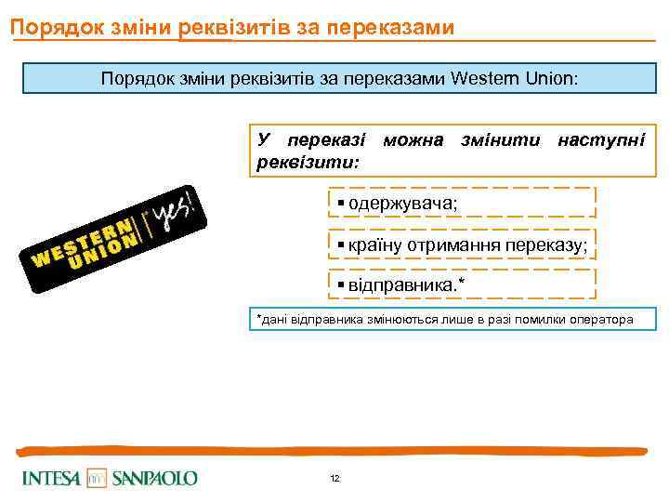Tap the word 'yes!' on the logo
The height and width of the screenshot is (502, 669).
[176, 208]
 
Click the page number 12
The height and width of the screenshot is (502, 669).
[334, 478]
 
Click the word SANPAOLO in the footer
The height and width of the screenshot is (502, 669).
[154, 478]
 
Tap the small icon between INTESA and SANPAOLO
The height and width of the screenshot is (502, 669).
[97, 478]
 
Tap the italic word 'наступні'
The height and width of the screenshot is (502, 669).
[600, 139]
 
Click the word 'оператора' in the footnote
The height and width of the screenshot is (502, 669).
[600, 320]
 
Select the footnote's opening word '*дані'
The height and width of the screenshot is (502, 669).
[272, 320]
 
